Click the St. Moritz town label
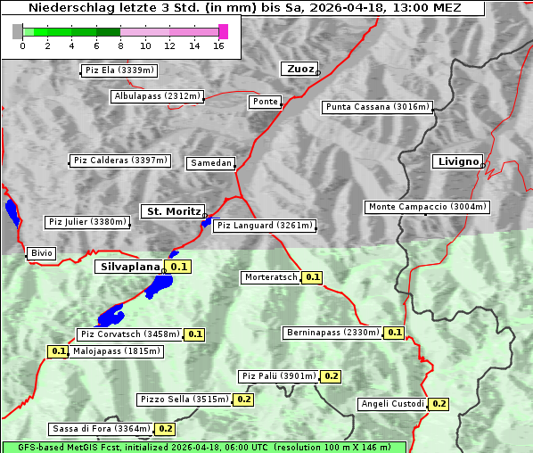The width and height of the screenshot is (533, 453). click(173, 211)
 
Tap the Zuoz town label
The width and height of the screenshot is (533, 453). click(298, 69)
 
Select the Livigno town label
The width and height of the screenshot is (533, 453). click(456, 161)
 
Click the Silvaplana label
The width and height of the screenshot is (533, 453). click(129, 267)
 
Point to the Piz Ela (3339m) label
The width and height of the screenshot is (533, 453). click(119, 70)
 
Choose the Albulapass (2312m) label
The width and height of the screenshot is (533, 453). click(157, 96)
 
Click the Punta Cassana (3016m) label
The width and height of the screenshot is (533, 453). click(377, 107)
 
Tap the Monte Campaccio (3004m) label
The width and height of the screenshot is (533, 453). click(428, 207)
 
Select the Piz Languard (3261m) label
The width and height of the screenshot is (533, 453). click(265, 226)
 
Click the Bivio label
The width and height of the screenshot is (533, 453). click(42, 253)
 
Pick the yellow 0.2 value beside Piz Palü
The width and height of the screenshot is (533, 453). click(332, 376)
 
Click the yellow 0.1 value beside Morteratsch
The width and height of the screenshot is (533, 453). click(312, 277)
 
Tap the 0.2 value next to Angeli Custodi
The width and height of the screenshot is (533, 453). click(439, 404)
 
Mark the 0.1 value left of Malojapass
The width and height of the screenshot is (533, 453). click(58, 351)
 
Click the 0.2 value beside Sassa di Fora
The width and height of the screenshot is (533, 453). click(165, 429)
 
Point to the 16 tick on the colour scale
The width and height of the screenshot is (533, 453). click(219, 46)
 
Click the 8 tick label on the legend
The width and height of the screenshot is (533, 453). click(120, 46)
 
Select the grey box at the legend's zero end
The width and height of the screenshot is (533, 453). click(18, 31)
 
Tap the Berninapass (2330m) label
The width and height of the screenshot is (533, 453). click(332, 333)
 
